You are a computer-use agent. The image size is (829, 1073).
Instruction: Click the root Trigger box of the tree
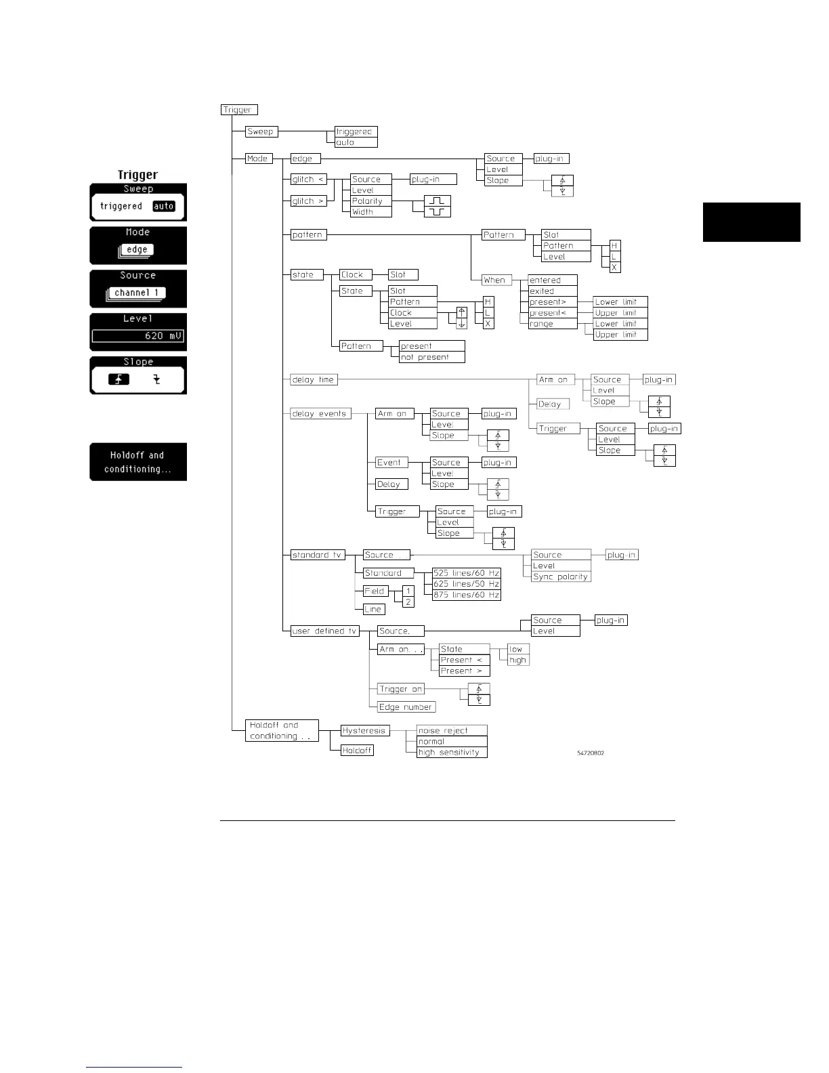239,110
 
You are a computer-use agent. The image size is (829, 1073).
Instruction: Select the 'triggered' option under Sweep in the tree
356,131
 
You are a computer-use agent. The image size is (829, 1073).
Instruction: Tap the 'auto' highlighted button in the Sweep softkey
164,206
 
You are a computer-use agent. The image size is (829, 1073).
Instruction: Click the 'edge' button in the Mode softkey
137,249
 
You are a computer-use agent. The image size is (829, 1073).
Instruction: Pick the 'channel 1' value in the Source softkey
137,293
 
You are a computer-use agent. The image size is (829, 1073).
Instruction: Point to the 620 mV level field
138,335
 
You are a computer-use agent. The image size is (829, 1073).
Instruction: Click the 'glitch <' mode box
309,180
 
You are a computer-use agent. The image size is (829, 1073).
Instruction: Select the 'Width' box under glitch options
370,212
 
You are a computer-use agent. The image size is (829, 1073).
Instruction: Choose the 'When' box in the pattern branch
496,280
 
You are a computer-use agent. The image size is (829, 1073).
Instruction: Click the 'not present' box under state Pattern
431,357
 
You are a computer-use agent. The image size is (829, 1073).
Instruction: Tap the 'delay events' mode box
320,414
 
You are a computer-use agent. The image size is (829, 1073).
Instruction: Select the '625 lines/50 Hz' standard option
467,584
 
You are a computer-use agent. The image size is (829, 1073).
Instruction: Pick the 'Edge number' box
406,707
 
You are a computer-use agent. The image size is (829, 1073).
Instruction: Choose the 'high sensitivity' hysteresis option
451,752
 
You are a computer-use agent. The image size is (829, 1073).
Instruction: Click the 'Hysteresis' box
365,730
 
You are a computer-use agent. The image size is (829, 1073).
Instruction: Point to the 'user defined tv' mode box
324,631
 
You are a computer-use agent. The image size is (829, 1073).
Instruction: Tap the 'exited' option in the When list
552,291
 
